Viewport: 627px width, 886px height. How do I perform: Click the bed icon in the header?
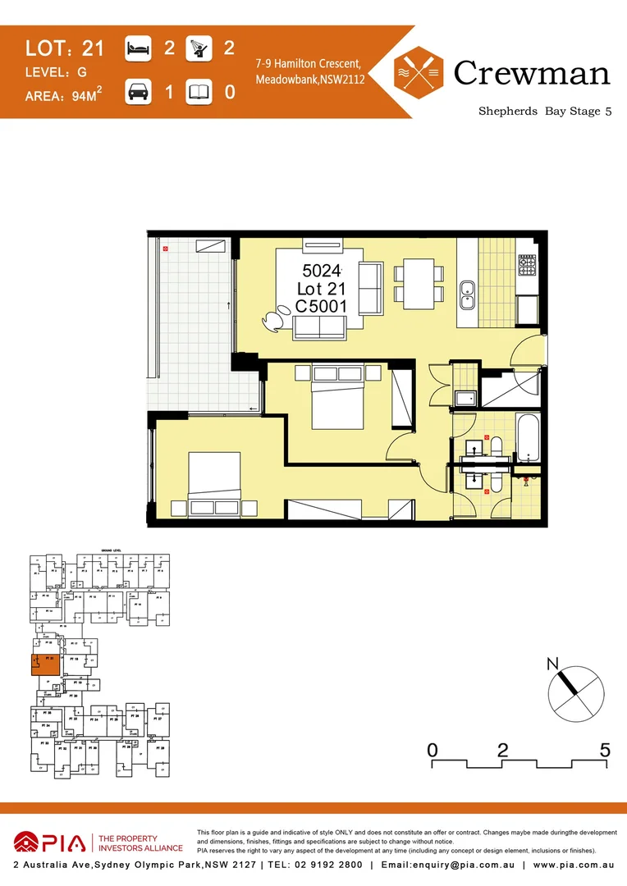(x=138, y=48)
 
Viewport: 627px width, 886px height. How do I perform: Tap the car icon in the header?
(x=138, y=91)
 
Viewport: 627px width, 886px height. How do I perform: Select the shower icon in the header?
(x=199, y=48)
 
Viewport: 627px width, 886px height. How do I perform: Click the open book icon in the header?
(x=199, y=92)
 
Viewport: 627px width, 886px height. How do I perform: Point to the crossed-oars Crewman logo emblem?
(x=419, y=72)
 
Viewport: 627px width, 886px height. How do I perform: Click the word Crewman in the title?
(x=531, y=73)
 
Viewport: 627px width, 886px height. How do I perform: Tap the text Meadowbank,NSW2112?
(x=310, y=80)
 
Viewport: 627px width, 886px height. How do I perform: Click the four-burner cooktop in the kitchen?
(x=526, y=266)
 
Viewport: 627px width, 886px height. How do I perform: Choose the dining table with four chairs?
(x=419, y=283)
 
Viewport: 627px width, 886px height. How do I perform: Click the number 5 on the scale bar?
(x=605, y=749)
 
